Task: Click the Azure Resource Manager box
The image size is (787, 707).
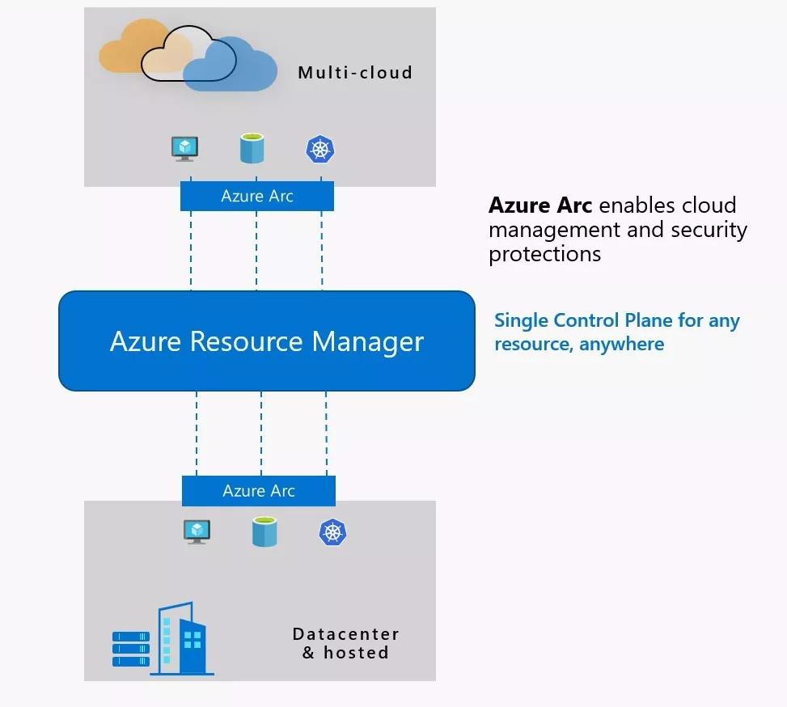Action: (x=266, y=341)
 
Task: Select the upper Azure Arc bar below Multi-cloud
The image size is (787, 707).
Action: (x=256, y=196)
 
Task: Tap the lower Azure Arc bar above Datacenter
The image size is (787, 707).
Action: (x=258, y=491)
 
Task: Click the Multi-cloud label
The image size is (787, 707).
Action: (x=355, y=72)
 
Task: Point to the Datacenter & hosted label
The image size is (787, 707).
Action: (x=345, y=643)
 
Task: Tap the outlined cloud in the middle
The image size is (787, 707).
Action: (x=174, y=57)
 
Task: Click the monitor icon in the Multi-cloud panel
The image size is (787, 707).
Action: (x=185, y=148)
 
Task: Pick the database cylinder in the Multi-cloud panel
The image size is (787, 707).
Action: (x=252, y=149)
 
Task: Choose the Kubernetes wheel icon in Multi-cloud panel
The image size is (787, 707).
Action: (x=320, y=149)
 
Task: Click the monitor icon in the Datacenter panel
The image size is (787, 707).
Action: (x=197, y=531)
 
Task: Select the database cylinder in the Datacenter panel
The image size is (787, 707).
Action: (x=264, y=531)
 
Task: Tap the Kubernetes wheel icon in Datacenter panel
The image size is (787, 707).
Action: (x=332, y=531)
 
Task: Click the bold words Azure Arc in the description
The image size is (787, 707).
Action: (x=539, y=205)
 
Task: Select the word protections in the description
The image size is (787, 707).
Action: (x=544, y=254)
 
